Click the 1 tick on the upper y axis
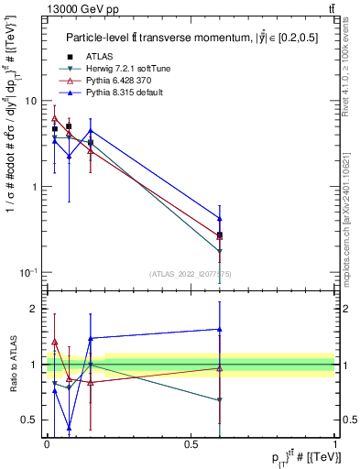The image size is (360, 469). coord(37,187)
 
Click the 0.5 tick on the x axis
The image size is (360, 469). coord(191,443)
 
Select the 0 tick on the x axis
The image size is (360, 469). coord(47,443)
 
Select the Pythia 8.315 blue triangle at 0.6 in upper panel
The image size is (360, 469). coord(219,218)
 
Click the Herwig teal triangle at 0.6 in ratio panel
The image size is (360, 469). coord(219,400)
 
